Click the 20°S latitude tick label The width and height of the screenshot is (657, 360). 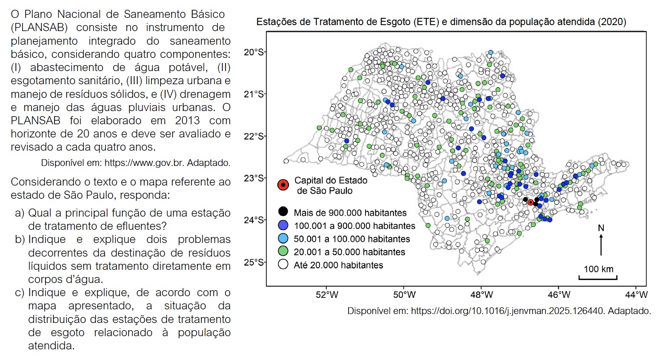click(254, 52)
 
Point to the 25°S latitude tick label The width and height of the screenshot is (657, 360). click(254, 262)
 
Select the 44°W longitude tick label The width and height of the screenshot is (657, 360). click(637, 294)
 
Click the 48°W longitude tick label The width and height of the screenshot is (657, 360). click(481, 294)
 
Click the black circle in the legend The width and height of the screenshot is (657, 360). click(283, 212)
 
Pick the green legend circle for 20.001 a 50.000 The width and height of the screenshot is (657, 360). click(283, 251)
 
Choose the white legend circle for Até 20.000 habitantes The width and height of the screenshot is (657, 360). click(283, 265)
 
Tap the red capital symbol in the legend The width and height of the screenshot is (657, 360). click(283, 185)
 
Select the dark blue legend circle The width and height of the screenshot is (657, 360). click(283, 225)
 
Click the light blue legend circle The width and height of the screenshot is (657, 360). click(283, 238)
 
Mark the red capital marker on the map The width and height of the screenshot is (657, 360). click(531, 202)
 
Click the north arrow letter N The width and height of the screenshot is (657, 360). click(601, 228)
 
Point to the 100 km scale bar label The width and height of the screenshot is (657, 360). click(598, 269)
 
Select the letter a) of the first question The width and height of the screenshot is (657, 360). click(20, 213)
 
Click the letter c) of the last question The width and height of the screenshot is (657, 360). click(20, 293)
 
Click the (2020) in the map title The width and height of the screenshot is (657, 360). click(611, 22)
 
